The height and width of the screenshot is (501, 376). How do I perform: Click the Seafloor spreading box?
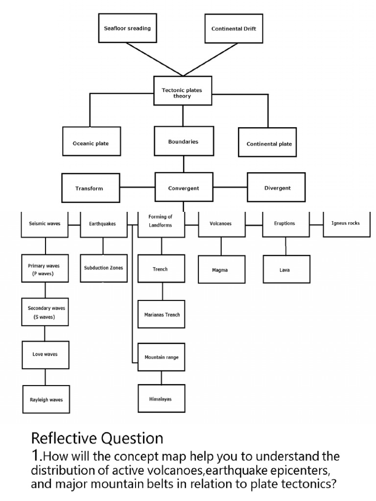pyautogui.click(x=127, y=28)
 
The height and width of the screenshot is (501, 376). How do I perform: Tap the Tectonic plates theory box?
pyautogui.click(x=182, y=91)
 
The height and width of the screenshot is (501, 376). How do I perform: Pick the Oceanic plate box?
pyautogui.click(x=91, y=143)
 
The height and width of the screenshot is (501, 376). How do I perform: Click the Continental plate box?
pyautogui.click(x=269, y=143)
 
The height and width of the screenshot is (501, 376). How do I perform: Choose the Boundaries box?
pyautogui.click(x=183, y=141)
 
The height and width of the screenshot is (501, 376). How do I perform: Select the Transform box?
pyautogui.click(x=90, y=188)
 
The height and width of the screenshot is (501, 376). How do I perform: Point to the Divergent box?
pyautogui.click(x=277, y=187)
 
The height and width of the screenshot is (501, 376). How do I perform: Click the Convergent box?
pyautogui.click(x=183, y=188)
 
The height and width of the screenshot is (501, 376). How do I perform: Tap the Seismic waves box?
pyautogui.click(x=45, y=225)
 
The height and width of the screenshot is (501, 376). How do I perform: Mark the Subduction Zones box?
pyautogui.click(x=103, y=268)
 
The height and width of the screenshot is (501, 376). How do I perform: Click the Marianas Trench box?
pyautogui.click(x=162, y=314)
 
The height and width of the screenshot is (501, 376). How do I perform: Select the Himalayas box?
pyautogui.click(x=161, y=399)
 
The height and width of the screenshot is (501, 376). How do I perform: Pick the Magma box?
pyautogui.click(x=221, y=269)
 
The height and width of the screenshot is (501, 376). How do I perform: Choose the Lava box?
pyautogui.click(x=286, y=269)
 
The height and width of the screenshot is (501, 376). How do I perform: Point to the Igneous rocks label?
pyautogui.click(x=346, y=224)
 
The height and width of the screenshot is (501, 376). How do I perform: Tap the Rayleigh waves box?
pyautogui.click(x=46, y=399)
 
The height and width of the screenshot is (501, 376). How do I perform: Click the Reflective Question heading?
pyautogui.click(x=97, y=437)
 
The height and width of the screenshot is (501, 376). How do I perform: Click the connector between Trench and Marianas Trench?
pyautogui.click(x=163, y=291)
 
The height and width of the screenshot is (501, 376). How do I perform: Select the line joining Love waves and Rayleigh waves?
pyautogui.click(x=46, y=377)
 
